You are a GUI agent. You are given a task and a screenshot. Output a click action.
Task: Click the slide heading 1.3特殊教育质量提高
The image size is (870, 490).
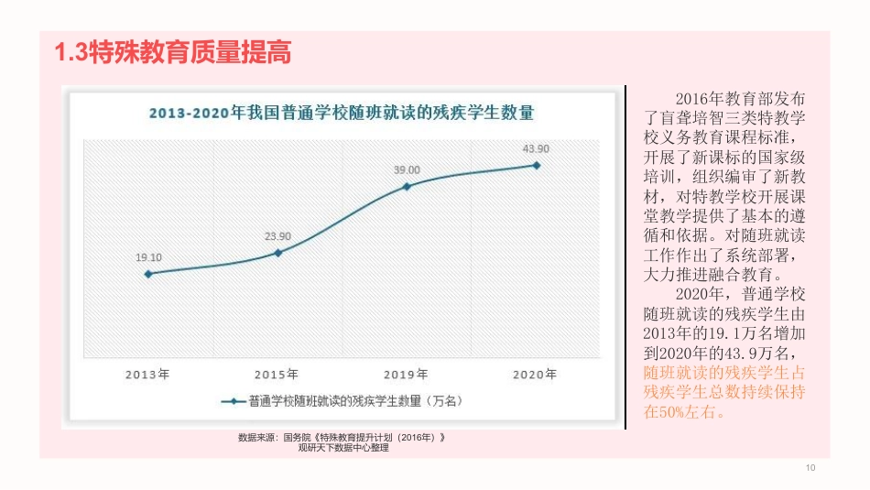(x=174, y=53)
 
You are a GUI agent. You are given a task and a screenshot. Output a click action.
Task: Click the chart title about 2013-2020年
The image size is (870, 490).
(x=342, y=113)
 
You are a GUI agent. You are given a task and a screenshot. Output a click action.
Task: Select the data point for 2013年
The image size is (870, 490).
(x=148, y=273)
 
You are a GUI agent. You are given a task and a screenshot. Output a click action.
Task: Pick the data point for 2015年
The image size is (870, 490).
(x=277, y=252)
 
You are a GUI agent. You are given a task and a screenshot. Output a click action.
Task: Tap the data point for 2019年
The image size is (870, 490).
(x=407, y=186)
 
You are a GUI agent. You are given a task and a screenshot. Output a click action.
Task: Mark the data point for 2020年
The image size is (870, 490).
(x=536, y=165)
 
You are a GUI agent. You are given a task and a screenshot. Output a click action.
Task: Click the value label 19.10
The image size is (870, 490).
(x=148, y=257)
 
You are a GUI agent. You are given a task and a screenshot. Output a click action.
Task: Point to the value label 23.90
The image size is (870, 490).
(x=277, y=236)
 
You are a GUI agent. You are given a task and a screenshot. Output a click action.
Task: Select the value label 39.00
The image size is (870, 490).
(x=407, y=170)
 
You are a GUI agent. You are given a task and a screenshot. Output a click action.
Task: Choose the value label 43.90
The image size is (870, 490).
(x=536, y=149)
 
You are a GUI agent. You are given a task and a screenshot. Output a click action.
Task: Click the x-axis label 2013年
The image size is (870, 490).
(x=148, y=374)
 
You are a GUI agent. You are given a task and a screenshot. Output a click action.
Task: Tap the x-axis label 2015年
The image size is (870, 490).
(x=277, y=374)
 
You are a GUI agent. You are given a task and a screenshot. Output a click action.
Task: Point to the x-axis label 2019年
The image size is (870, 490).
(x=406, y=374)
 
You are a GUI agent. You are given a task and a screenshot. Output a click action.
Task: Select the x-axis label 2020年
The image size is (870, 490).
(x=536, y=374)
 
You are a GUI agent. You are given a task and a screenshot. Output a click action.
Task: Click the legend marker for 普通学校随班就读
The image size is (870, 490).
(x=232, y=400)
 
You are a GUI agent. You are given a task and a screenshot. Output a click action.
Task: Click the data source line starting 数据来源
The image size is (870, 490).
(x=342, y=438)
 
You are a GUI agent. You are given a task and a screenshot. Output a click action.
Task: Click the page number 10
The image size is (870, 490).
(x=810, y=469)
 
